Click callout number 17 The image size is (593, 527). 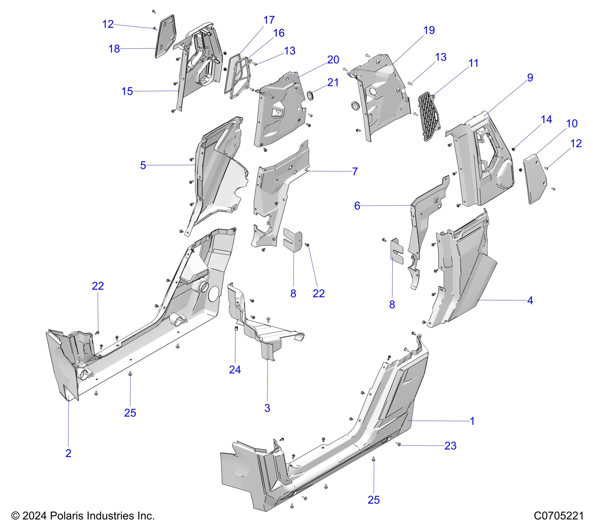pos(269,20)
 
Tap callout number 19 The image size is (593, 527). pos(429,30)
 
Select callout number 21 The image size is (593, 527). pos(333,82)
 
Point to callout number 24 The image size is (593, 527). pos(235,370)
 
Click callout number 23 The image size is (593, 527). pos(450,446)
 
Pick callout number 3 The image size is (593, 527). pos(267,408)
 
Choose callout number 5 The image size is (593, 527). pos(143,165)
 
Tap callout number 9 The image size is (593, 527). pos(530,77)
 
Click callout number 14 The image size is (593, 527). pos(546,120)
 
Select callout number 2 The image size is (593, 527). pos(68,453)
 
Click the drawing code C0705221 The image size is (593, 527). pos(559,516)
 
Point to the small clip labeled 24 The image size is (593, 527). pos(236,329)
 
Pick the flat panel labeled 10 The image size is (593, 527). pos(535,178)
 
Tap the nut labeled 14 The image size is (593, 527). pos(513,149)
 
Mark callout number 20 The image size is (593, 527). pos(333,60)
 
